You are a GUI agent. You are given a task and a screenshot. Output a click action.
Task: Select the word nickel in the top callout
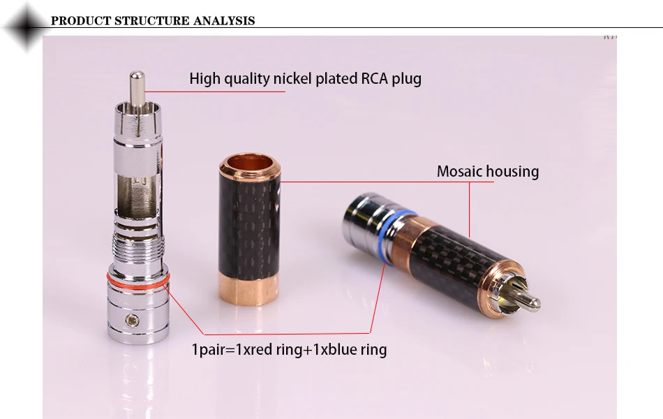(292, 78)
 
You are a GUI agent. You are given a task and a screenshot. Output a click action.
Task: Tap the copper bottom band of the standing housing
(249, 288)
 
